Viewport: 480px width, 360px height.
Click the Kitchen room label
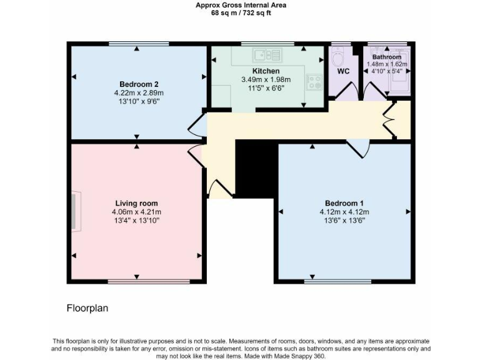(x=266, y=71)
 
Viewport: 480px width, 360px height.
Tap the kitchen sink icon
(x=267, y=54)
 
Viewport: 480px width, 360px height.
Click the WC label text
(x=343, y=71)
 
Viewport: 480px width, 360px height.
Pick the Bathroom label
(x=386, y=57)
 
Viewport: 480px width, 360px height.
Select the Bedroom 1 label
(x=344, y=203)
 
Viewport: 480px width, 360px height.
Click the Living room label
(x=136, y=203)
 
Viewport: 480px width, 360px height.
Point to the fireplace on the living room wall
(x=73, y=212)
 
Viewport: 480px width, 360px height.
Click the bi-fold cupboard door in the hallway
(x=391, y=119)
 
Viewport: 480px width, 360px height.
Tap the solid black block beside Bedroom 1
(x=255, y=167)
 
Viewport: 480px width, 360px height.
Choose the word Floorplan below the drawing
(x=87, y=308)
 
